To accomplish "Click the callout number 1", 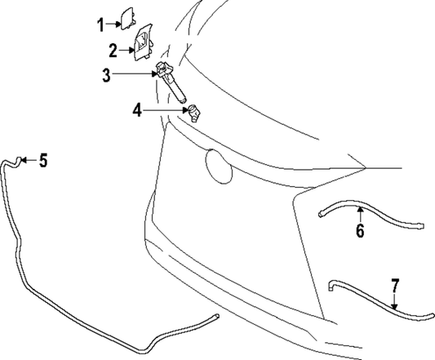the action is point(101,24).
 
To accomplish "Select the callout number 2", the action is point(113,51).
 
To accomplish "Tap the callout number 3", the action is point(106,75).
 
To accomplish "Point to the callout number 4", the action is point(137,110).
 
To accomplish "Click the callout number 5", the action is point(43,160).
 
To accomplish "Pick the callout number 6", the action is point(360,230).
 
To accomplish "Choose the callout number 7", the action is point(395,286).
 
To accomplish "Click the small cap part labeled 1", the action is point(127,19).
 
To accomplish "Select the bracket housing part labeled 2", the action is point(143,42).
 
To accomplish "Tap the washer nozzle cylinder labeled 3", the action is point(171,82).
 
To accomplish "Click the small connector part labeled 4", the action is point(194,113).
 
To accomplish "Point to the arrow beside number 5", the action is point(29,160).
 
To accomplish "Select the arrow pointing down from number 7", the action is point(394,301).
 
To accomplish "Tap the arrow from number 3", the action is point(134,73).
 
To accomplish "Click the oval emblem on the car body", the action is point(219,167).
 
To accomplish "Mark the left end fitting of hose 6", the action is point(321,214).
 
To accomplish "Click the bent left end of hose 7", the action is point(331,286).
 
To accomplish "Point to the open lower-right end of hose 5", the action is point(217,316).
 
